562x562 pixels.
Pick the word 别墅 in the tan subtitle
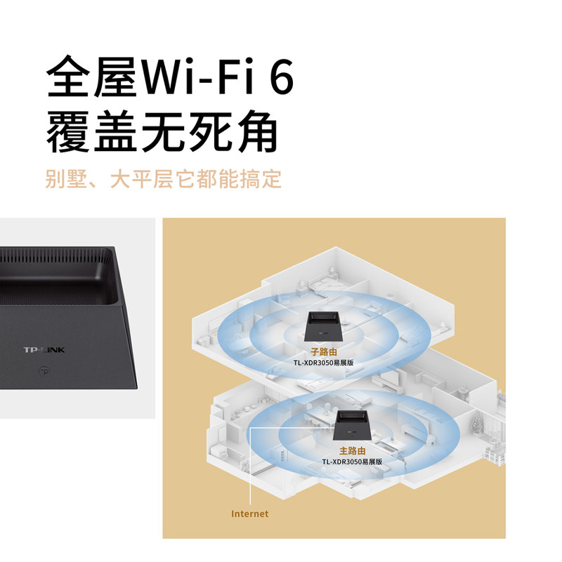[66, 178]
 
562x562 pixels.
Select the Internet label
[250, 514]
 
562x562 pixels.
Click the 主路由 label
[352, 450]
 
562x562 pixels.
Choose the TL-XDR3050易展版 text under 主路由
[352, 462]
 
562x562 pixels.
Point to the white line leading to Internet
[251, 464]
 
